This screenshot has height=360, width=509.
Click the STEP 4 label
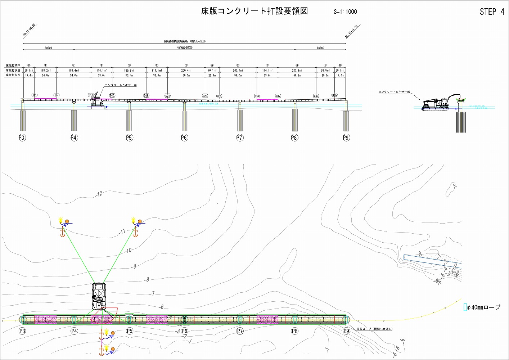492,12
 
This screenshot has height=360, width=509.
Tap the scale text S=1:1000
345,12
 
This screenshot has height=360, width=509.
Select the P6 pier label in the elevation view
184,138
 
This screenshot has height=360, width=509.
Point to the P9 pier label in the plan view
346,331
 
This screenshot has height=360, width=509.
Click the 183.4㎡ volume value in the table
73,71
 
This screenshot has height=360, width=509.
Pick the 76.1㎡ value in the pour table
212,71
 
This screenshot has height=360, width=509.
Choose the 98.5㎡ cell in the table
325,71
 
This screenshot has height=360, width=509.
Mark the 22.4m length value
212,76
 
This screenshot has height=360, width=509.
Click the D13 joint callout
112,96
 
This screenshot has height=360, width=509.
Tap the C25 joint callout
219,96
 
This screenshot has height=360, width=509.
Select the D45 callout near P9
334,95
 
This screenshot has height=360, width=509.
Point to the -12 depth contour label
99,194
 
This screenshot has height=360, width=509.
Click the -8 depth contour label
147,279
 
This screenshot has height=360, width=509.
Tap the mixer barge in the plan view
99,296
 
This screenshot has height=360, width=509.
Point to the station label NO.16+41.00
351,32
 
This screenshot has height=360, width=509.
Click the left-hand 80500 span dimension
48,48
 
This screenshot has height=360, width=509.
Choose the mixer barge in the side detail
436,104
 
